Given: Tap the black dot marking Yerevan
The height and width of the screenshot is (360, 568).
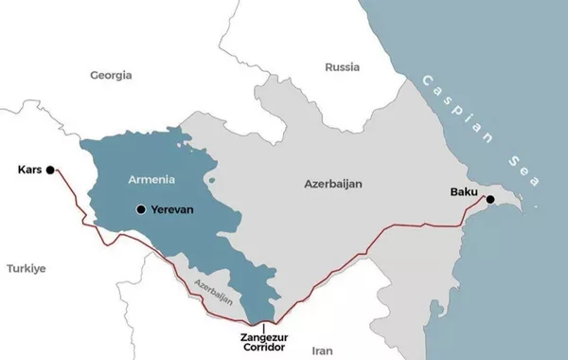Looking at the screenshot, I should pyautogui.click(x=141, y=208).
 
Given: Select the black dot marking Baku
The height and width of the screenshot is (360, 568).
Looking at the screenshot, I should pyautogui.click(x=489, y=199).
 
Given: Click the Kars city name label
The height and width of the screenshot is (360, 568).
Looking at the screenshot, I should pyautogui.click(x=29, y=171).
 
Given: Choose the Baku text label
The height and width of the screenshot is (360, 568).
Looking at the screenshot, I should pyautogui.click(x=464, y=192).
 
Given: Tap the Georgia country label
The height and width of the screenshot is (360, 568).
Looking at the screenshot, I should pyautogui.click(x=112, y=74).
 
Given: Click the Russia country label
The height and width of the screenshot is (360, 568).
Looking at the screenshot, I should pyautogui.click(x=342, y=67).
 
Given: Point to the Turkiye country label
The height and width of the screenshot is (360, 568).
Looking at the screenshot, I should pyautogui.click(x=27, y=268).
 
